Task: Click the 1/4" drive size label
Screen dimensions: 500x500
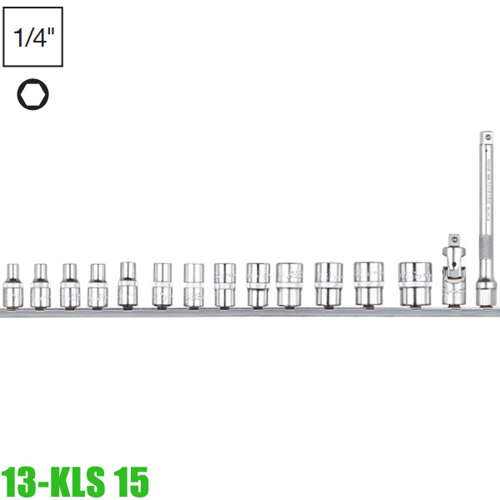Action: click(x=32, y=37)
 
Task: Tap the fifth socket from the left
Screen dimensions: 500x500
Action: click(x=127, y=284)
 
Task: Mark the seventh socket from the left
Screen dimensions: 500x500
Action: click(x=193, y=284)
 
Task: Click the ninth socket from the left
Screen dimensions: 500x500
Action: click(x=257, y=284)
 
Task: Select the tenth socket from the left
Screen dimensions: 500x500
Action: click(x=291, y=284)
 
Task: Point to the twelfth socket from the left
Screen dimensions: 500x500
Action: click(x=367, y=284)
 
